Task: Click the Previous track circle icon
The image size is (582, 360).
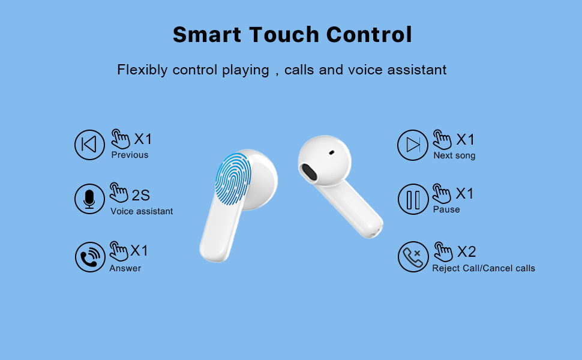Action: [x=89, y=145]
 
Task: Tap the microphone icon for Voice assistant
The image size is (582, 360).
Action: [x=89, y=199]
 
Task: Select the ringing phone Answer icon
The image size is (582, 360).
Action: [x=89, y=257]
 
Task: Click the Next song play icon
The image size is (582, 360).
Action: [x=413, y=145]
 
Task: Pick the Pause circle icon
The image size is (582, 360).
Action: [x=413, y=199]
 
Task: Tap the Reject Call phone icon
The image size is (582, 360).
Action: [x=413, y=257]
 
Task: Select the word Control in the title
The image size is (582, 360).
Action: [x=370, y=35]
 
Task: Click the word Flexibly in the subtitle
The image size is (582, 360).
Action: [x=142, y=70]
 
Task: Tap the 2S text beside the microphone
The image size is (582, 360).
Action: [x=140, y=195]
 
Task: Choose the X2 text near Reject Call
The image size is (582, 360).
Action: [x=466, y=251]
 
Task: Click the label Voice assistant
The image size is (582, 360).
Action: [x=142, y=211]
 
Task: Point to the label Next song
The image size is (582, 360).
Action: [x=454, y=156]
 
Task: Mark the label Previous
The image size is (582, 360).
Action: [x=130, y=155]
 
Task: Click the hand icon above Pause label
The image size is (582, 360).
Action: [x=442, y=193]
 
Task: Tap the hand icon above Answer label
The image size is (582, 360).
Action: [x=119, y=251]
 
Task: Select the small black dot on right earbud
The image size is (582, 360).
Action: [x=331, y=152]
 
